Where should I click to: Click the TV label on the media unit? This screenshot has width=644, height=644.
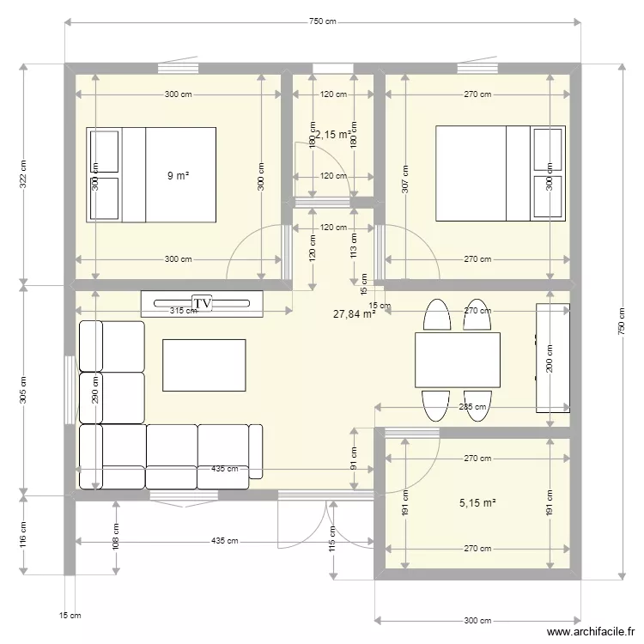coord(203,303)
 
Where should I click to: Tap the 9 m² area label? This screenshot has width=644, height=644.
coord(178,175)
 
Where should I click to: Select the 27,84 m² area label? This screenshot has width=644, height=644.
coord(355,314)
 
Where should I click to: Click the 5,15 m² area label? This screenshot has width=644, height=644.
coord(478,502)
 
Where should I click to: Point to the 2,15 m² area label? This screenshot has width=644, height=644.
coord(333,135)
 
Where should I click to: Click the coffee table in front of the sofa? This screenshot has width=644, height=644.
coord(204,365)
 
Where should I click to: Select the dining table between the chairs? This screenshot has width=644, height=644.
coord(458,360)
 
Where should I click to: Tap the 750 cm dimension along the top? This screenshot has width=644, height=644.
coord(322,21)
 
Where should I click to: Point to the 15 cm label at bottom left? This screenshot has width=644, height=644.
coord(70,615)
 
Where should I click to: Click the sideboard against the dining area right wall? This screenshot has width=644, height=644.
coord(553,357)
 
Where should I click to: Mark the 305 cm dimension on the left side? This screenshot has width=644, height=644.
coord(23,390)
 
